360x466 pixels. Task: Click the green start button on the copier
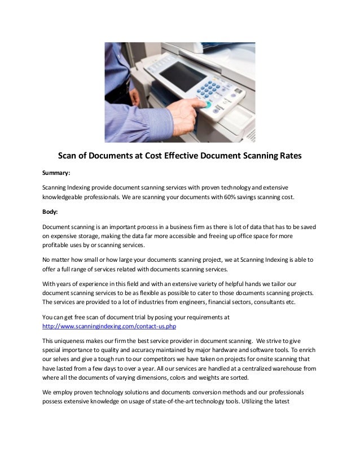tap(208, 104)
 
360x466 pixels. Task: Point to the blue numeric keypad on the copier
tap(210, 89)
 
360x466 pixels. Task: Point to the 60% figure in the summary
tap(224, 199)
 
